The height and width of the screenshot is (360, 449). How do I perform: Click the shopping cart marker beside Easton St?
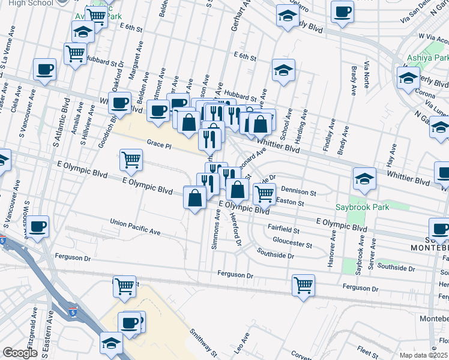click(264, 193)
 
